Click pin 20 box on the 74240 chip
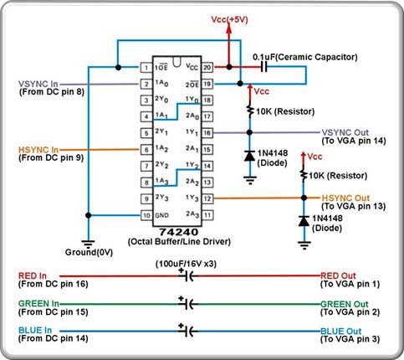click(207, 67)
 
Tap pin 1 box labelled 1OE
click(146, 67)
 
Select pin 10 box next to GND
click(146, 215)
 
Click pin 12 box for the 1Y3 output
click(207, 198)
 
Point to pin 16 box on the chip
click(207, 133)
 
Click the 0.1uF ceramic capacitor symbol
click(263, 67)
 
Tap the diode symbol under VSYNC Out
click(249, 156)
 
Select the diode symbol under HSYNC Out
click(304, 221)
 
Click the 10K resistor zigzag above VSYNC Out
click(250, 111)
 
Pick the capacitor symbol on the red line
click(189, 276)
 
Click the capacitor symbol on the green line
click(189, 304)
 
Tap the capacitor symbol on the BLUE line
click(189, 332)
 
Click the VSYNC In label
click(38, 84)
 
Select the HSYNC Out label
click(345, 198)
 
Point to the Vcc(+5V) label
click(229, 19)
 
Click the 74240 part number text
click(178, 232)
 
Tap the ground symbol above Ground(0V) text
click(88, 244)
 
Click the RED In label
click(33, 275)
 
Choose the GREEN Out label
click(345, 304)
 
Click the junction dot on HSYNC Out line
click(304, 198)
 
